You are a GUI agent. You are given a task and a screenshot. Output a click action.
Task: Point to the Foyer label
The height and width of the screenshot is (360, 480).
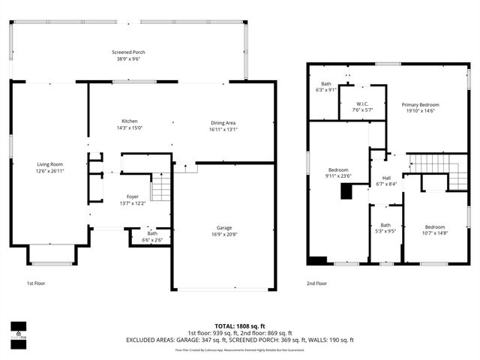tap(132, 196)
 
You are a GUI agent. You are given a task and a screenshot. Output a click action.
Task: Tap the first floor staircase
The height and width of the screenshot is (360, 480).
tap(162, 187)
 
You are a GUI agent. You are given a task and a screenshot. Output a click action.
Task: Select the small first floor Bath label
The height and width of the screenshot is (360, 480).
tap(152, 233)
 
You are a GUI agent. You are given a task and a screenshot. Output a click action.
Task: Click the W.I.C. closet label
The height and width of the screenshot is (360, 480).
tap(361, 104)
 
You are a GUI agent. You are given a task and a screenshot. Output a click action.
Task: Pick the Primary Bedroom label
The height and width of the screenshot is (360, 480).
tap(420, 104)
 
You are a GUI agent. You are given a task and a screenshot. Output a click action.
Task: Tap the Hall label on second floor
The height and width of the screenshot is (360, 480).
tap(387, 157)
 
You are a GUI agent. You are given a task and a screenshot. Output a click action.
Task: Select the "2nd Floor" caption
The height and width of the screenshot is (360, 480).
tap(317, 283)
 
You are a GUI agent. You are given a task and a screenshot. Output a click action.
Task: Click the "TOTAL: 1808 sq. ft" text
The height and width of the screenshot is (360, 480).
tap(239, 326)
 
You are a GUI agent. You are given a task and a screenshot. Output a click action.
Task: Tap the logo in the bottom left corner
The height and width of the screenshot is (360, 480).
tap(16, 330)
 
